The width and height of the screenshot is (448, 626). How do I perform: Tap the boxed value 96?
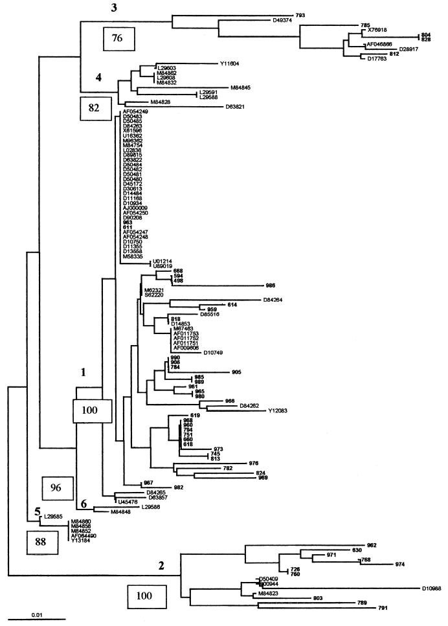[56, 487]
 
